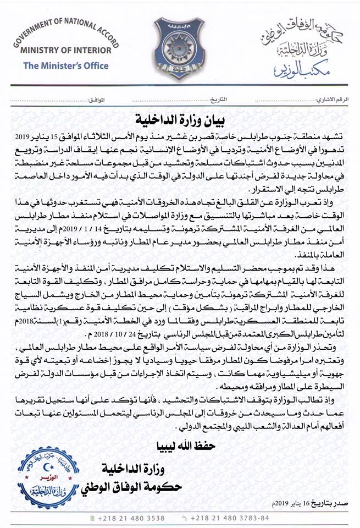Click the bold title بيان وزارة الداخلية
(180, 118)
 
